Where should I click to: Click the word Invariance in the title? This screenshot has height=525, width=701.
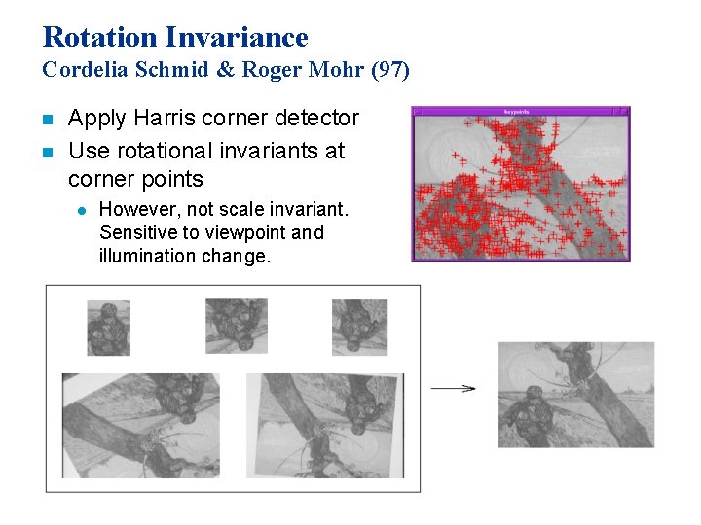pyautogui.click(x=237, y=37)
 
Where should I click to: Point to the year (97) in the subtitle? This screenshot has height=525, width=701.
pyautogui.click(x=390, y=70)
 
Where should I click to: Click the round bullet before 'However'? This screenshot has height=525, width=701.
pyautogui.click(x=81, y=209)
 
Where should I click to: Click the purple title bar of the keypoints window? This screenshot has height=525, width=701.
pyautogui.click(x=521, y=111)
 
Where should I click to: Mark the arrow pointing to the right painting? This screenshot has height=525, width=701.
pyautogui.click(x=453, y=388)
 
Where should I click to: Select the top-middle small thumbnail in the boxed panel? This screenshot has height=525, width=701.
pyautogui.click(x=237, y=326)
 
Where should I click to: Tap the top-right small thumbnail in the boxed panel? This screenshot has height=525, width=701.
pyautogui.click(x=359, y=327)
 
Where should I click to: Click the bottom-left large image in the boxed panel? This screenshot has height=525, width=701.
pyautogui.click(x=140, y=425)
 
